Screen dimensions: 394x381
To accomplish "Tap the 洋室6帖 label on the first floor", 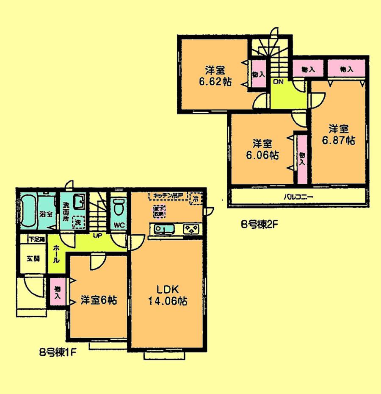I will (x=98, y=300).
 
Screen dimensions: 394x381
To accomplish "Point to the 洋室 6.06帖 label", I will (x=260, y=150).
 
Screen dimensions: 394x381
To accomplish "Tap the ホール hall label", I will (x=55, y=255).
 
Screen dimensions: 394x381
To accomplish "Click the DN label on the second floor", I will (x=278, y=81).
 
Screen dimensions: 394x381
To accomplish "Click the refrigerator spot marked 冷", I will (x=196, y=197).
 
